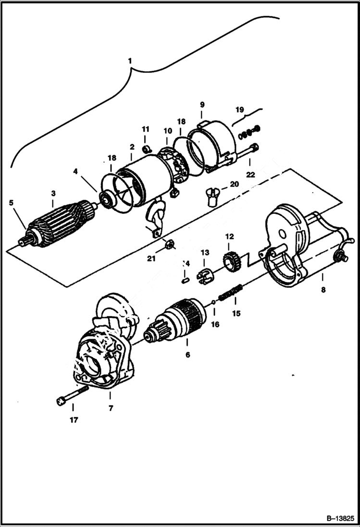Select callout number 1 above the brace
coord(129,61)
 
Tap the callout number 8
coord(323,290)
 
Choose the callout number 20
coord(234,184)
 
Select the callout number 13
coord(205,252)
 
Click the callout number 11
coord(146,129)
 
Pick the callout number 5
coord(11,202)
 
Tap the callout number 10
coord(167,131)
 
